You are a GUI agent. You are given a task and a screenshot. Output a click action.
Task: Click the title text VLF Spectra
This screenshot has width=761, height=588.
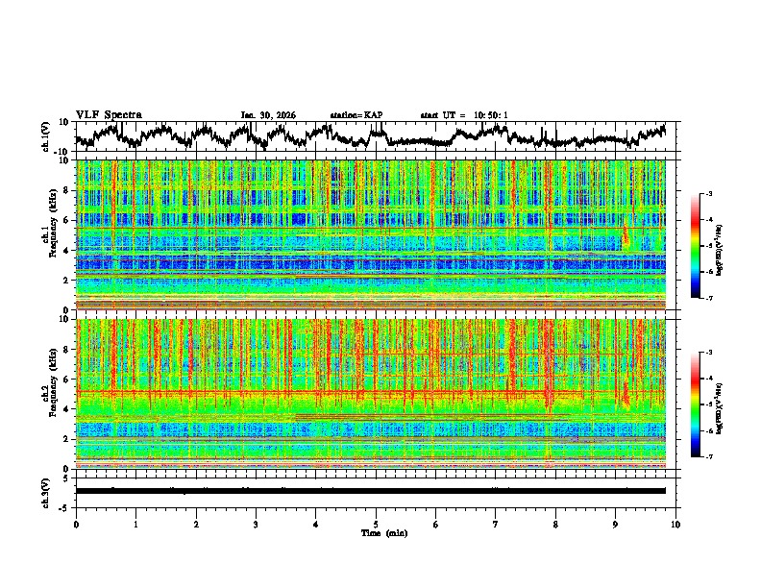tap(109, 115)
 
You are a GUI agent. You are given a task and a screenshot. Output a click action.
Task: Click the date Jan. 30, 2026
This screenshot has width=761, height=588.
tap(268, 115)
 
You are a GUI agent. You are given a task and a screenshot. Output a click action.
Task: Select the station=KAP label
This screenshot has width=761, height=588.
tap(356, 115)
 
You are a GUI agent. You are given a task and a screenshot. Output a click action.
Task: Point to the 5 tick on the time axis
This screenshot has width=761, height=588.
tap(376, 524)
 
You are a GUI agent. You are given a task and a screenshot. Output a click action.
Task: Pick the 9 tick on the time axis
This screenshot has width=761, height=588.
tap(616, 524)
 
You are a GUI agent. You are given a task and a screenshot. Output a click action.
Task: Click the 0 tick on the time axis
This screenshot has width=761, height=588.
tap(76, 524)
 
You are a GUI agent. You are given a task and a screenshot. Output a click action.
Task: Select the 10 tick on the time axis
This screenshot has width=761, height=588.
tap(675, 524)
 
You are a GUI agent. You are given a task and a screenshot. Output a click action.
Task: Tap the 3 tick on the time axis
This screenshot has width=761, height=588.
tap(256, 524)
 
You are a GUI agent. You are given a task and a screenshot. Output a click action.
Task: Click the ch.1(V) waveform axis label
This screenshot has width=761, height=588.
tap(47, 137)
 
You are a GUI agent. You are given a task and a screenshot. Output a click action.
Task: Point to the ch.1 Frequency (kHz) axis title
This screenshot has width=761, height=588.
tap(47, 234)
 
